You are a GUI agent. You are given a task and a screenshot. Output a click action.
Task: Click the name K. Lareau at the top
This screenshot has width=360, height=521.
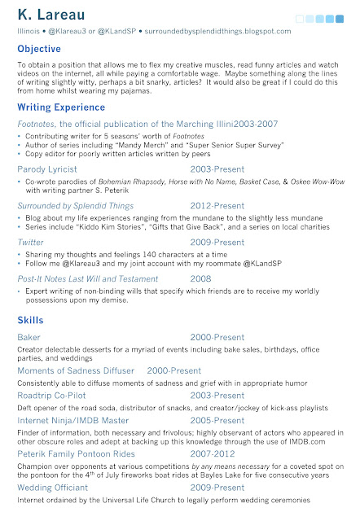coord(50,14)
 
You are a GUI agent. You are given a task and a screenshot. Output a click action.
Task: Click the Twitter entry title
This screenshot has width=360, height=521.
coord(30,242)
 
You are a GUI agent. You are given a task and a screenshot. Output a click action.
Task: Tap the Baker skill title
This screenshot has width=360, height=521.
coord(29,336)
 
